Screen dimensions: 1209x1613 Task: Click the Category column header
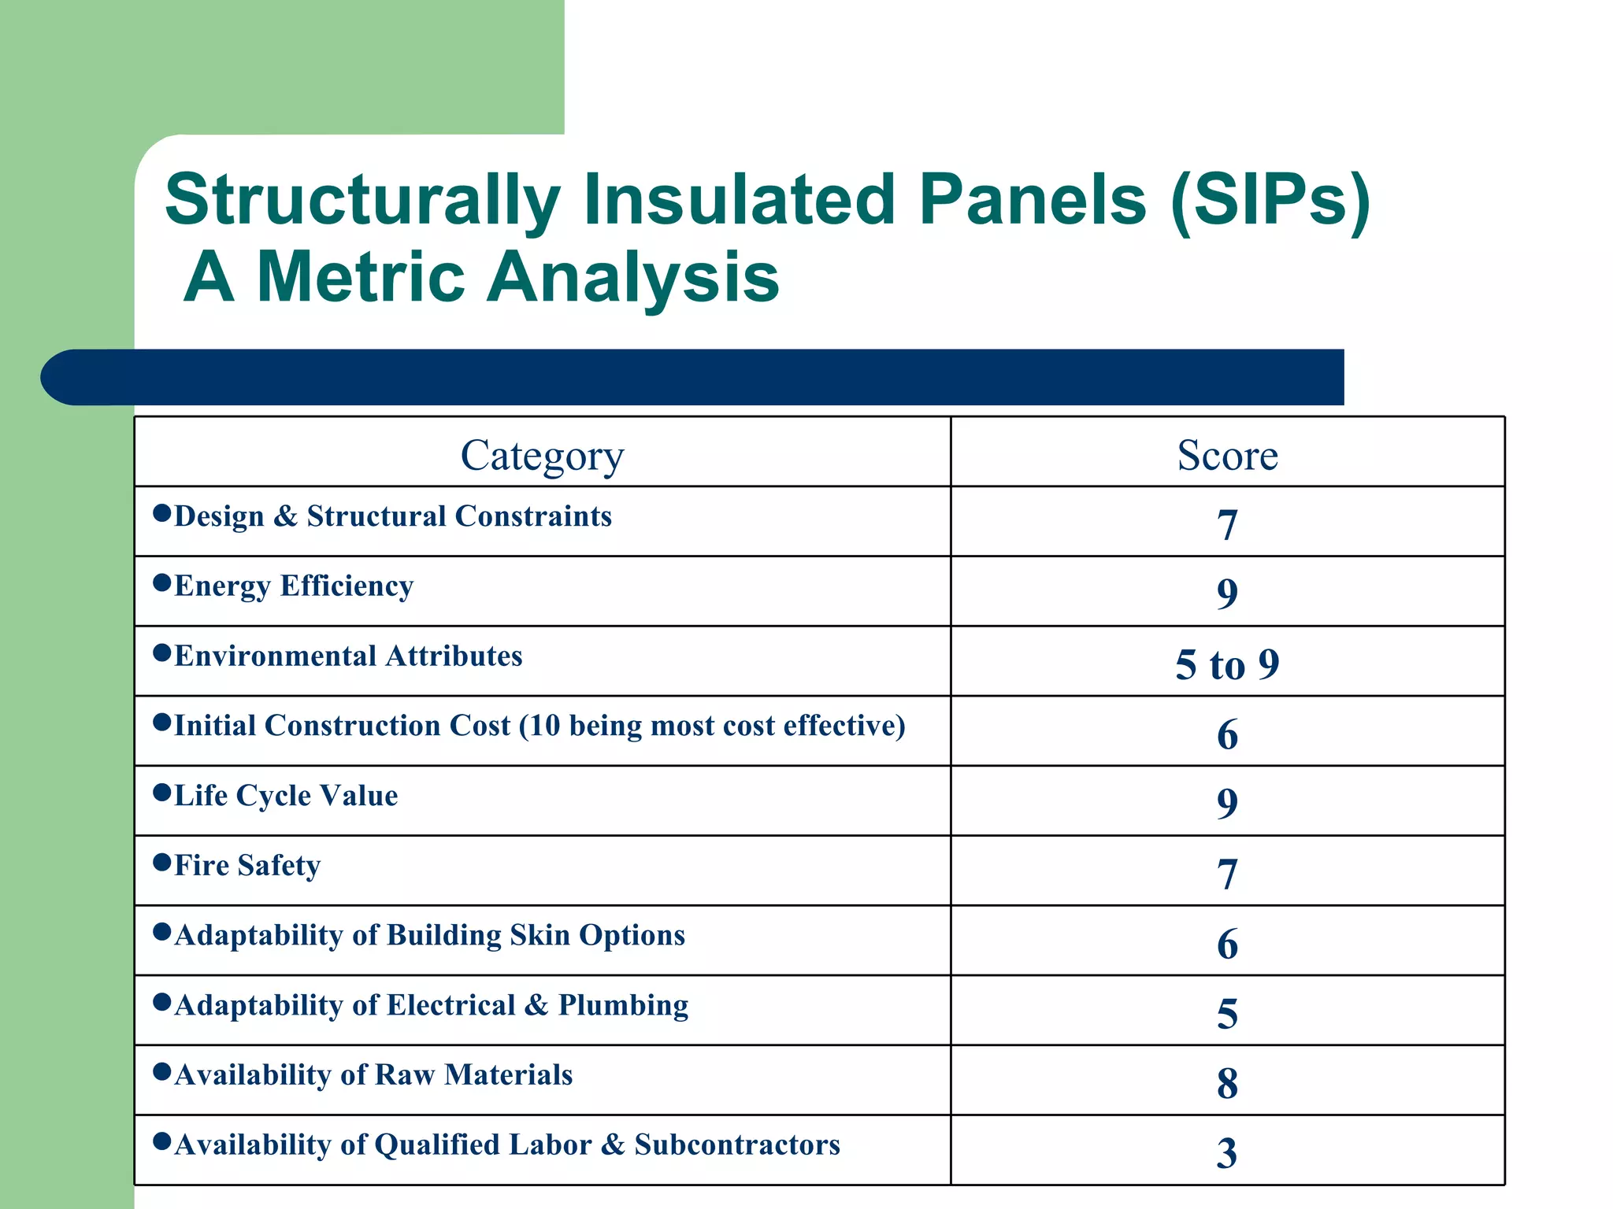(x=542, y=456)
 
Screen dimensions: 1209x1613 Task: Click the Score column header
(x=1227, y=455)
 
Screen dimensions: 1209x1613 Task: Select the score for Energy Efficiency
(x=1227, y=593)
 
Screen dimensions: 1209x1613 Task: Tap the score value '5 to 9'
(x=1227, y=664)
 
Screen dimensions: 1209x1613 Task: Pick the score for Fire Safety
(x=1227, y=874)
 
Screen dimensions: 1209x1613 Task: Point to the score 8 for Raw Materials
(x=1227, y=1083)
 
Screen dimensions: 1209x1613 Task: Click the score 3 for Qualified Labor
(x=1227, y=1153)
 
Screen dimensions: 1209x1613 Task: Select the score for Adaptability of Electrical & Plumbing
(x=1227, y=1013)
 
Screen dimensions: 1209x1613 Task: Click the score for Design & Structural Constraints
(x=1227, y=524)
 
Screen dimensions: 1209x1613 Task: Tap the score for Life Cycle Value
(x=1227, y=803)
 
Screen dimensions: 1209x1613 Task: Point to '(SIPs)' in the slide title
(x=1270, y=201)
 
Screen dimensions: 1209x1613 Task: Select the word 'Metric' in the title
(x=360, y=276)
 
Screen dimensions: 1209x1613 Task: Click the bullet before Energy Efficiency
(x=162, y=582)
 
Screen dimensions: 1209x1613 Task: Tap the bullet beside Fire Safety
(x=162, y=862)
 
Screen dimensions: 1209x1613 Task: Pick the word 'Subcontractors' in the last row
(x=737, y=1144)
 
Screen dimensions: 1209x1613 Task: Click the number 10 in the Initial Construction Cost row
(x=543, y=726)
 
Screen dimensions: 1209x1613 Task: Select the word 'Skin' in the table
(x=540, y=935)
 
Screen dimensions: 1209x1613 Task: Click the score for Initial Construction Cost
(x=1227, y=734)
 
